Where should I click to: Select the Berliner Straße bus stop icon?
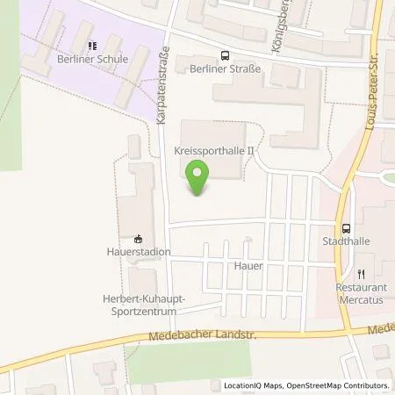tap(225, 53)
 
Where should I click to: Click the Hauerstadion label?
tap(137, 252)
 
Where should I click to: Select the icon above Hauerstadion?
tap(137, 237)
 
